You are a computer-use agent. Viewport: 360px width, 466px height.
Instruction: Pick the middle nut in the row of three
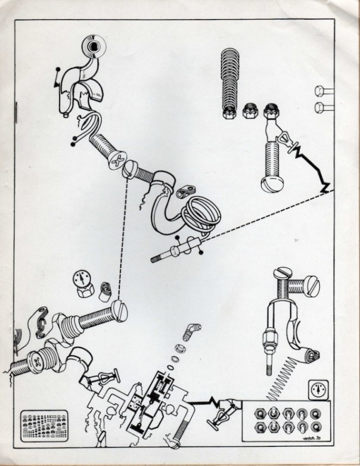[250, 110]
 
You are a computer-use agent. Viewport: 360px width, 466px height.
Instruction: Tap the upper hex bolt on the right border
[319, 91]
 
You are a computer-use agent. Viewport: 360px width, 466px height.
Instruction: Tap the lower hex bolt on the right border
[319, 108]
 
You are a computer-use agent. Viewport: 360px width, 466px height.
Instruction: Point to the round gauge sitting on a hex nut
[81, 281]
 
